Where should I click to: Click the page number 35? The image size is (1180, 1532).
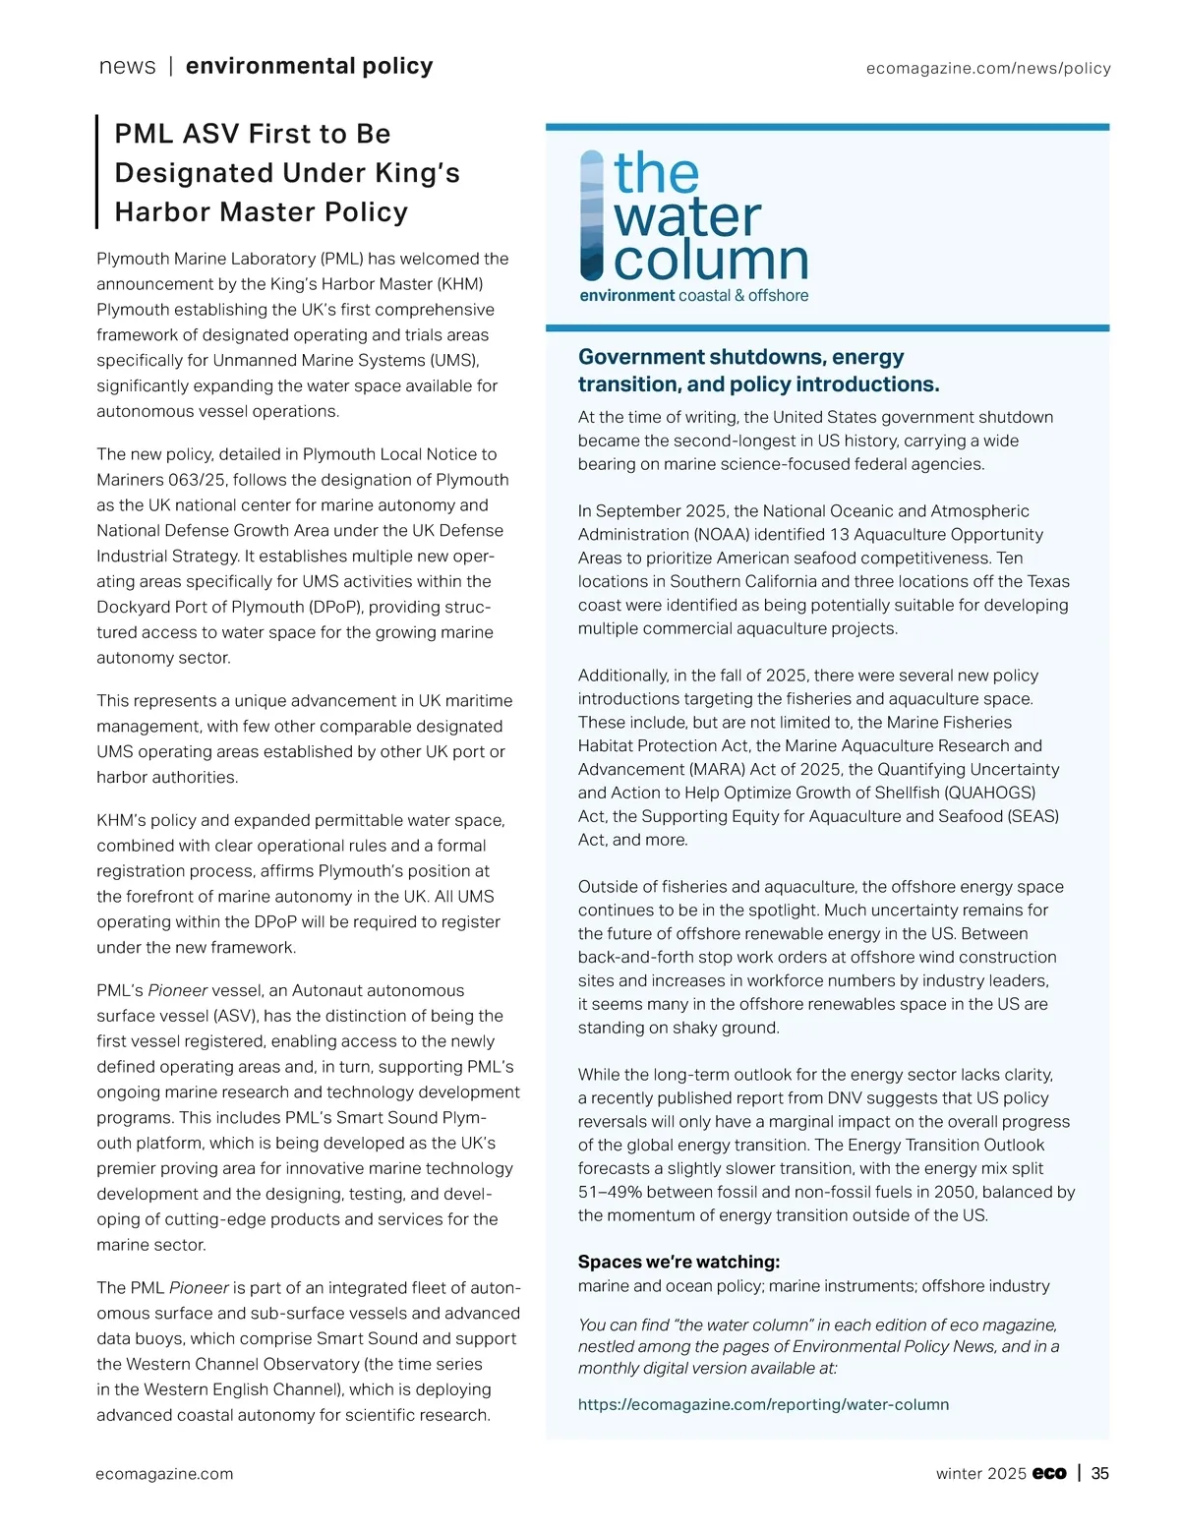point(1100,1473)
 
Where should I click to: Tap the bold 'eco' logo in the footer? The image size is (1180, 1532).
point(1049,1473)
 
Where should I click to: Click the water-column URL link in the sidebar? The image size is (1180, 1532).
point(763,1404)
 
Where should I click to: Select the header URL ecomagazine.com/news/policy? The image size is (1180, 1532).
point(988,68)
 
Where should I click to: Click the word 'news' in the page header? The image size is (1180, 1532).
point(127,66)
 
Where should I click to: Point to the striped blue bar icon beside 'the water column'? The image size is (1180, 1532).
point(592,214)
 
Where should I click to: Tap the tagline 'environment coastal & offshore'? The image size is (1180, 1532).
point(693,295)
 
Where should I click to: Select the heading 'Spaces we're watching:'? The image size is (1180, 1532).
point(678,1262)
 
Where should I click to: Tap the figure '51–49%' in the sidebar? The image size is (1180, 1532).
point(611,1192)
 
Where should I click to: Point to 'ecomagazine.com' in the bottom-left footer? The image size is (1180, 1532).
point(164,1473)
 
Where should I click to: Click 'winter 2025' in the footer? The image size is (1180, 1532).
point(980,1473)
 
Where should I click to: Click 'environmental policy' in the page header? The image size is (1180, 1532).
point(309,66)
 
